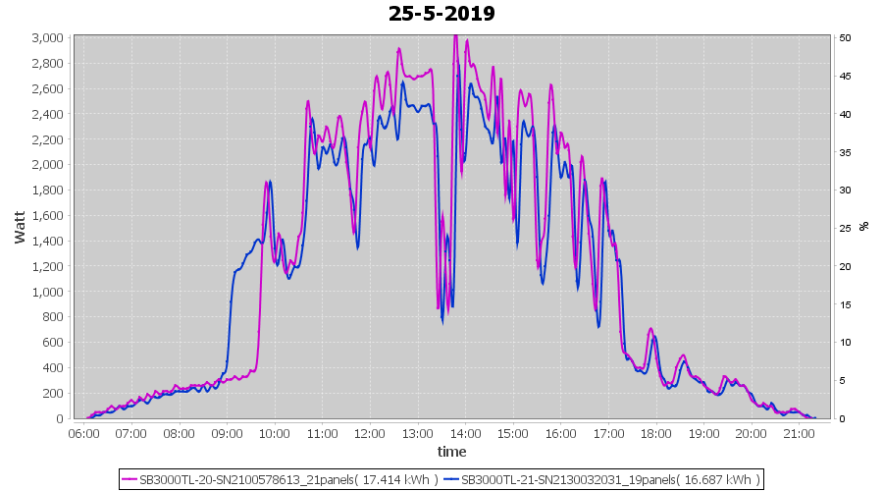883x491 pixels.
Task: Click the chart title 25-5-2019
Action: (x=441, y=14)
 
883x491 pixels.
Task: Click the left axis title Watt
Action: (x=20, y=227)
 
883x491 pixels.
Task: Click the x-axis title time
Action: (x=451, y=452)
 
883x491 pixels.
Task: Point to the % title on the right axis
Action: (x=863, y=226)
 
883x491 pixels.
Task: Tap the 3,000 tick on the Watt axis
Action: (x=48, y=38)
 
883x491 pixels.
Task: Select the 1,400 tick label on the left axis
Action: (x=48, y=241)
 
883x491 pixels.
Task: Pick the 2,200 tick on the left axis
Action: (x=48, y=139)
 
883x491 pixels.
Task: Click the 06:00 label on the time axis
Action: (x=84, y=433)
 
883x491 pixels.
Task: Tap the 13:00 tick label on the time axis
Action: (x=418, y=433)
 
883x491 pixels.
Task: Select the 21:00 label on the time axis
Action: (x=799, y=433)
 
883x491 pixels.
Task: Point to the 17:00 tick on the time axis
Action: (x=608, y=433)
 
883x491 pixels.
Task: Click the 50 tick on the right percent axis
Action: (x=845, y=38)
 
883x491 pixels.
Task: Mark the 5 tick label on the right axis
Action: (x=843, y=380)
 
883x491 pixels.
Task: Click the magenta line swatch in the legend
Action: (x=130, y=479)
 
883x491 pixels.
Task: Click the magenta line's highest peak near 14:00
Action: (x=455, y=36)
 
